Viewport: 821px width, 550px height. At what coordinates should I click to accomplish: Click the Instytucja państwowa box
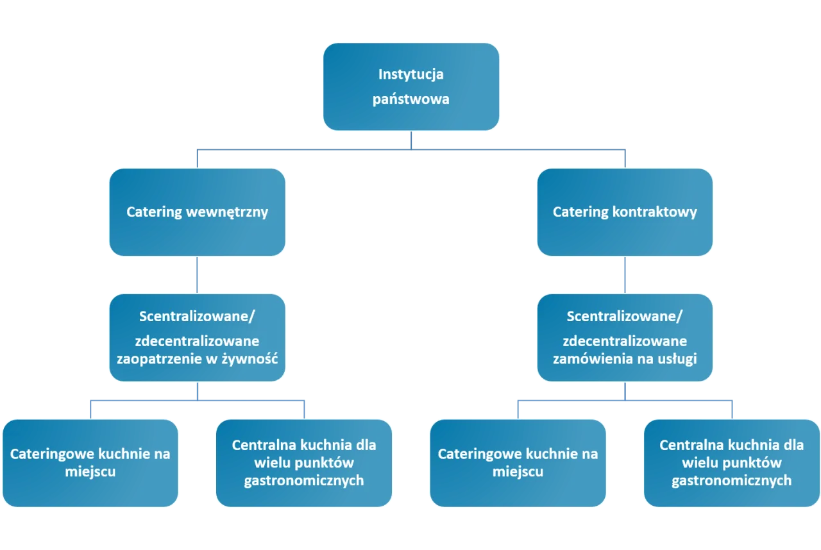[411, 87]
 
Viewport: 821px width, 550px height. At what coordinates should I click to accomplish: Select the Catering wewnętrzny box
[197, 212]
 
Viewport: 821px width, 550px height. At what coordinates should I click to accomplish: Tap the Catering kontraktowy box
[625, 212]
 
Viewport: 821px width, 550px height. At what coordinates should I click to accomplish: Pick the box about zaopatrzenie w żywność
[197, 338]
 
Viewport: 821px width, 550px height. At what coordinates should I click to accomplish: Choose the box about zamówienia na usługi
[625, 338]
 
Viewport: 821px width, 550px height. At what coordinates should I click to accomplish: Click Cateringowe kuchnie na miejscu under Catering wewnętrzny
[90, 463]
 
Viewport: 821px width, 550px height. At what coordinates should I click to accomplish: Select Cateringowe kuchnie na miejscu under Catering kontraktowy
[518, 463]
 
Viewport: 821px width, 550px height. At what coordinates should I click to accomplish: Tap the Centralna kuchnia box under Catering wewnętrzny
[304, 463]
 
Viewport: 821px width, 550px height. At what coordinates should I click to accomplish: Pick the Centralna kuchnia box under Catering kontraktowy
[731, 463]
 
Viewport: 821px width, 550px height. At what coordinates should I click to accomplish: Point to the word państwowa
[411, 99]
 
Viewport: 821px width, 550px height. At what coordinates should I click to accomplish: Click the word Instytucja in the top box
[411, 74]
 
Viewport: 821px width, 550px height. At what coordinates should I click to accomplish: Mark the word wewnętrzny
[226, 212]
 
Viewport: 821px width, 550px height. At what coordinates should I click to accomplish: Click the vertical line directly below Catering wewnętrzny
[197, 276]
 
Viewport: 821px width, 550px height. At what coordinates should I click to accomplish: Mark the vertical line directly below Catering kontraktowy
[625, 276]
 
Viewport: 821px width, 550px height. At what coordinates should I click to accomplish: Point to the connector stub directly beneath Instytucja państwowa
[410, 139]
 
